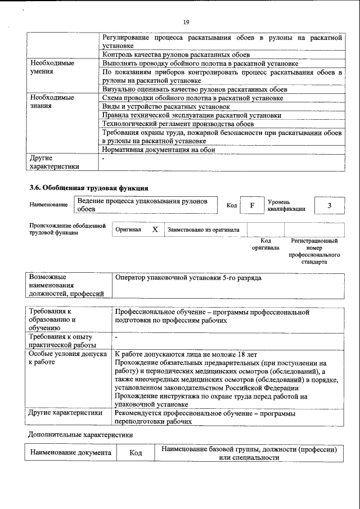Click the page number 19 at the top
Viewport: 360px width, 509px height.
(186, 22)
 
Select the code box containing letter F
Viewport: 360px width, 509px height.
(253, 205)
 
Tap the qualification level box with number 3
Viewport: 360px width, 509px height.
(329, 205)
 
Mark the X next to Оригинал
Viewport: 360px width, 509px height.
(155, 229)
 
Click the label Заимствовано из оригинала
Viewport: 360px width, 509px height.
(203, 229)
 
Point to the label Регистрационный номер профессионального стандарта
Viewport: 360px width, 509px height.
(314, 251)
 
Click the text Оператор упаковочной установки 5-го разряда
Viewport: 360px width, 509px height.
(188, 278)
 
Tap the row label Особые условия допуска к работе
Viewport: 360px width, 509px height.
(67, 358)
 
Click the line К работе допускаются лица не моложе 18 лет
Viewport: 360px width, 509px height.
(185, 354)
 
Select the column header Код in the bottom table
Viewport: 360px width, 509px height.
(135, 453)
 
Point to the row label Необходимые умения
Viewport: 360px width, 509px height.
(52, 67)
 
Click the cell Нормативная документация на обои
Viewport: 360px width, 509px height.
(159, 150)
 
